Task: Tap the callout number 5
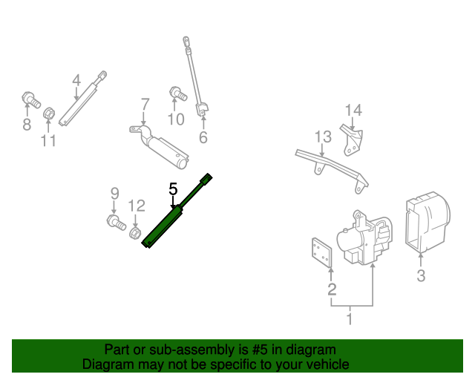pyautogui.click(x=173, y=189)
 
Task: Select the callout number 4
pyautogui.click(x=76, y=80)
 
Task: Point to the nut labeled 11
pyautogui.click(x=48, y=114)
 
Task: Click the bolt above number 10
pyautogui.click(x=177, y=94)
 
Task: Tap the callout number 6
pyautogui.click(x=203, y=137)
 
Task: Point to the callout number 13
pyautogui.click(x=322, y=137)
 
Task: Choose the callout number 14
pyautogui.click(x=353, y=111)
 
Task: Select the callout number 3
pyautogui.click(x=421, y=277)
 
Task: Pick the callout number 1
pyautogui.click(x=350, y=319)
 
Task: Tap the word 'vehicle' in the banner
pyautogui.click(x=325, y=364)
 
